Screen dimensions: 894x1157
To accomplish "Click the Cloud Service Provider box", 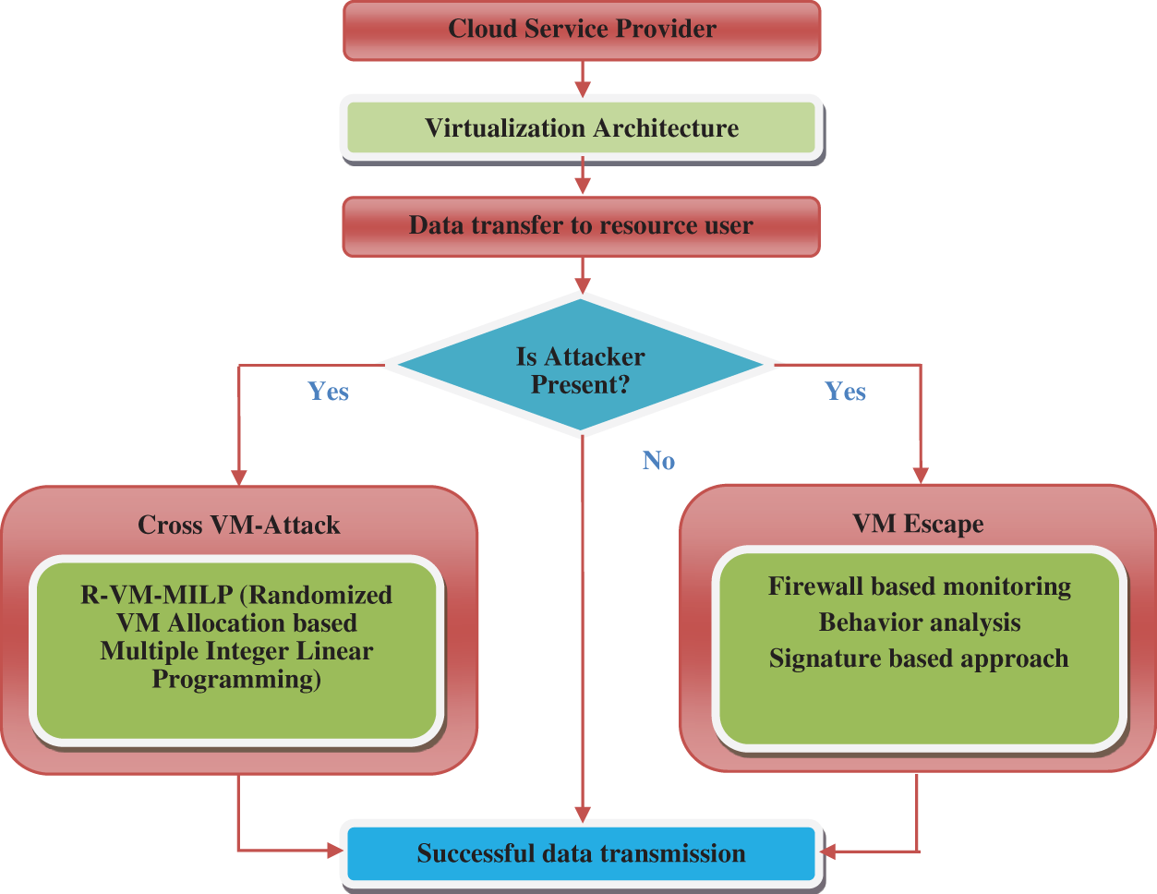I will [x=582, y=30].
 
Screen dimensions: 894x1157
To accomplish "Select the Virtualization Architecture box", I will [x=582, y=127].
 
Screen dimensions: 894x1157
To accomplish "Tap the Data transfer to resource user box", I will [x=582, y=226].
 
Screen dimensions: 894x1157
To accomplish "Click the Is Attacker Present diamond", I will [x=580, y=369].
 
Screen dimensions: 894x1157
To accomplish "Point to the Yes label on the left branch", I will [x=328, y=392].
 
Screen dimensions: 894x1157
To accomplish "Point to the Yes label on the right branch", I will [x=845, y=392].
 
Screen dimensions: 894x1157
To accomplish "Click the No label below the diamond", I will [x=658, y=461].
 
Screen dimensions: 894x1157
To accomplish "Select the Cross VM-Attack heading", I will [x=239, y=526].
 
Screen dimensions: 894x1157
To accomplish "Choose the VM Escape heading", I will [x=918, y=524].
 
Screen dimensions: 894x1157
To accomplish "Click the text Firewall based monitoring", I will [x=920, y=586].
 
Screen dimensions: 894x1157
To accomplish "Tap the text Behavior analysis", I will [x=920, y=622].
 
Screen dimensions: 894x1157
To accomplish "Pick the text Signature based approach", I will [x=919, y=658].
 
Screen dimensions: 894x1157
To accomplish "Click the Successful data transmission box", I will [x=582, y=853].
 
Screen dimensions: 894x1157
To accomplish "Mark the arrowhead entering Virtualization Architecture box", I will [x=582, y=90].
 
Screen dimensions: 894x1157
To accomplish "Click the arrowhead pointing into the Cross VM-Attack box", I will [x=239, y=477].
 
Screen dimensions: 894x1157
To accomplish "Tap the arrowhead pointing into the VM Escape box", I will [x=920, y=475].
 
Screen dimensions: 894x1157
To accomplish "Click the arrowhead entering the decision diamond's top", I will [x=582, y=285].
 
